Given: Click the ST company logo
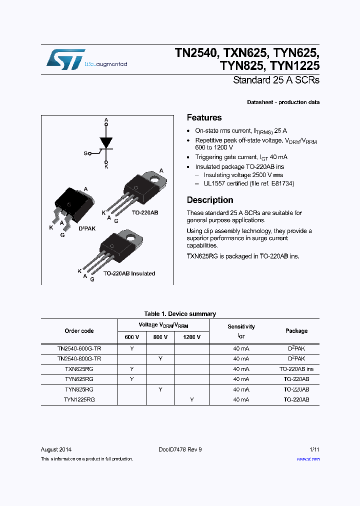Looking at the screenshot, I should [65, 59].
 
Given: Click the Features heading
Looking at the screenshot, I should [204, 118].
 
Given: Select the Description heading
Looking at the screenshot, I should [210, 200].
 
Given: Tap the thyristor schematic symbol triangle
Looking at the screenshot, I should [106, 141].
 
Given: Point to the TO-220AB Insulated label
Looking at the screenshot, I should [129, 273].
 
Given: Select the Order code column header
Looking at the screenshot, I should [79, 331].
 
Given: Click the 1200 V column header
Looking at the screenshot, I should [191, 337].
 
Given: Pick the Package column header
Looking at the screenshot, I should [296, 331].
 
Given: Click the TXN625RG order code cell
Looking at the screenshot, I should [79, 369].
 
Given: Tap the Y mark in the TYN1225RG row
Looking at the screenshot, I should [191, 399].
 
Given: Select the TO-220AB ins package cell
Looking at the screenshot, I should [296, 369].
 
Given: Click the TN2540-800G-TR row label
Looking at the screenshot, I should [79, 358].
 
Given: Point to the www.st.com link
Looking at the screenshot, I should [308, 459].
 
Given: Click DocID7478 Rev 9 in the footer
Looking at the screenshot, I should [180, 449].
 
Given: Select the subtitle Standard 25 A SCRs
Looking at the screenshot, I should [276, 80].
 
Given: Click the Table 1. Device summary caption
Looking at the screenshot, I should [180, 314].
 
